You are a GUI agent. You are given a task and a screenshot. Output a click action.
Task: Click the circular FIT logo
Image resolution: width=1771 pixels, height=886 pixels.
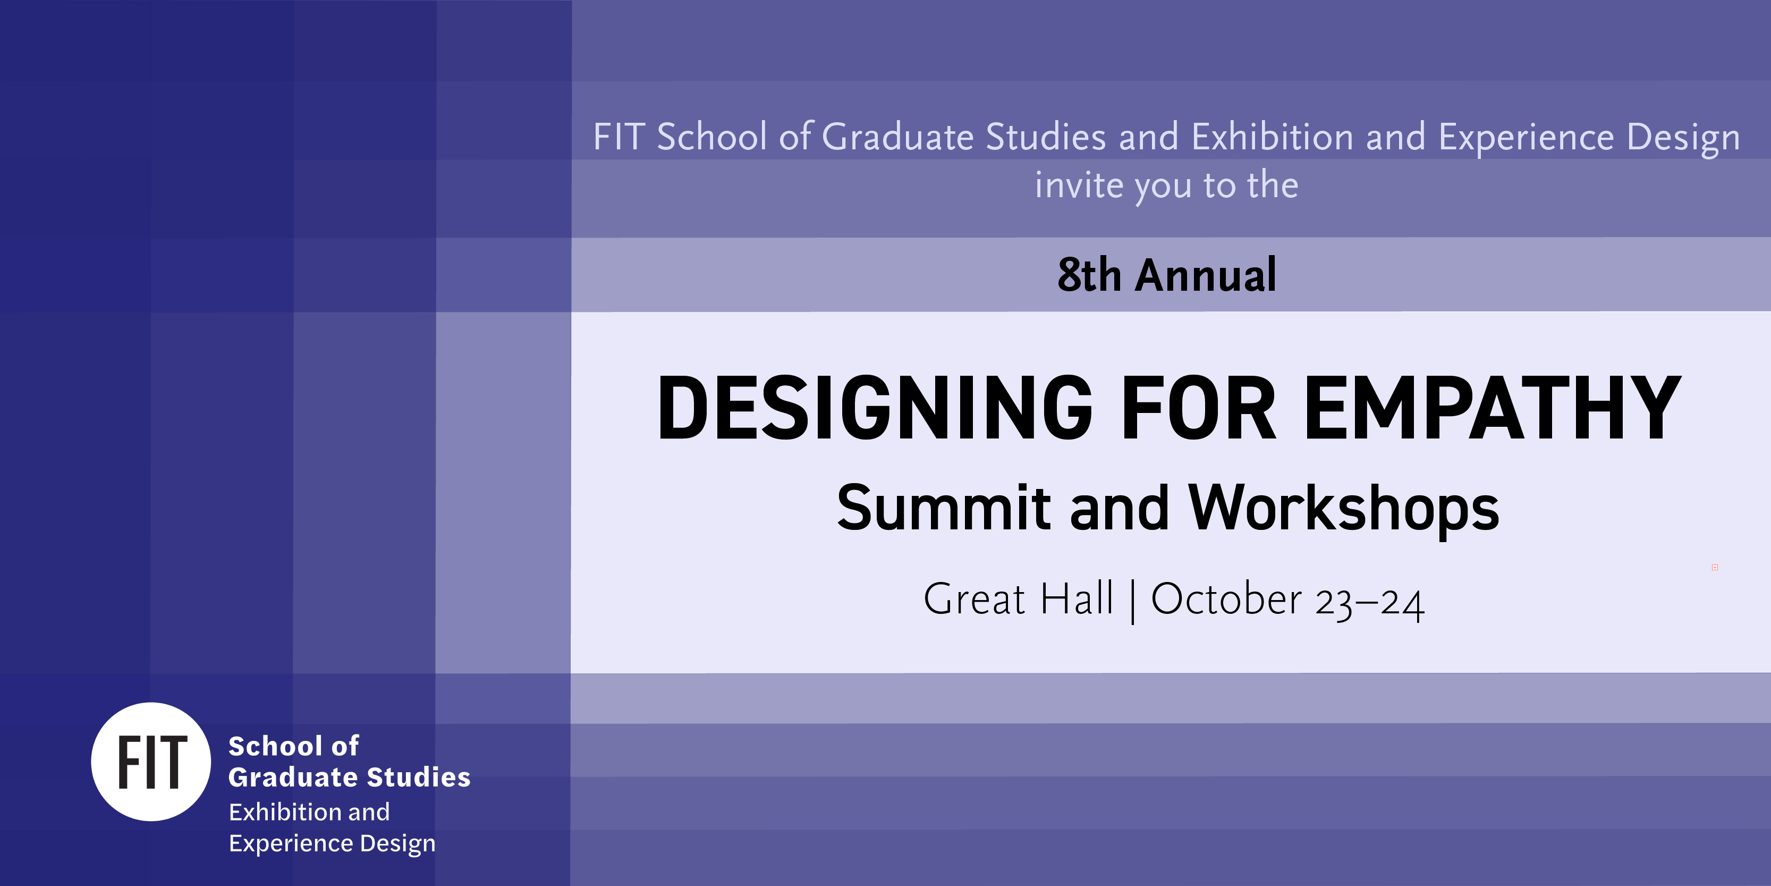click(x=151, y=762)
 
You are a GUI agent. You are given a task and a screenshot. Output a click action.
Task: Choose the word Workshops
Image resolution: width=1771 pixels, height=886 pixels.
click(x=1344, y=509)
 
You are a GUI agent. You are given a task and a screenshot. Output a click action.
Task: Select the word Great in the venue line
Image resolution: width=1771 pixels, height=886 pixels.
click(x=974, y=598)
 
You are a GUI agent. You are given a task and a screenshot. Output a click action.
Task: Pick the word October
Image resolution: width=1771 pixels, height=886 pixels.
click(x=1226, y=598)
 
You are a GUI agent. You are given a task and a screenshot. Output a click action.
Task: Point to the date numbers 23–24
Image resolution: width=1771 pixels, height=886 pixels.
click(x=1369, y=603)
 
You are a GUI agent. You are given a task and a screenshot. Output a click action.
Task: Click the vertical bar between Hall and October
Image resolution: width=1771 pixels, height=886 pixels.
click(x=1132, y=601)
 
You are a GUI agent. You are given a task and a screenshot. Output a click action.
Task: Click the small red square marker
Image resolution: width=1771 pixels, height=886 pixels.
click(x=1715, y=568)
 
